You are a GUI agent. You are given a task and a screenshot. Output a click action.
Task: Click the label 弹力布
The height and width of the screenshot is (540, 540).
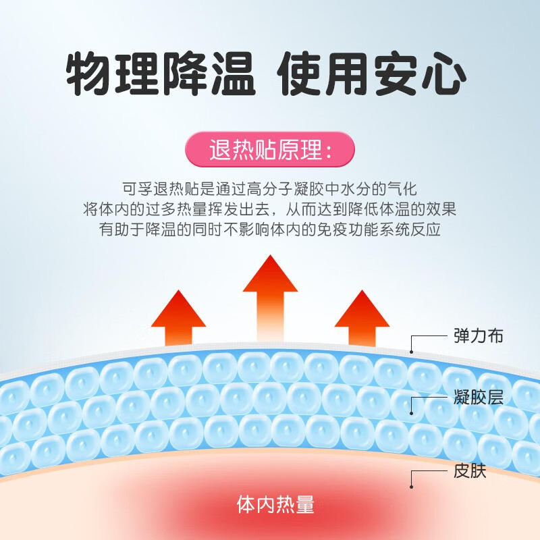[x=479, y=335]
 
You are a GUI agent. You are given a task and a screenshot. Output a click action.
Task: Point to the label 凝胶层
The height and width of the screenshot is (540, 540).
[x=479, y=397]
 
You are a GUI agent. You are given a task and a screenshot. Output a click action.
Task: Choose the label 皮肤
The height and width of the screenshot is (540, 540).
[x=470, y=470]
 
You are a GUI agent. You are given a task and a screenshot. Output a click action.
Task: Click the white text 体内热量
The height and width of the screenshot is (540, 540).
[x=275, y=504]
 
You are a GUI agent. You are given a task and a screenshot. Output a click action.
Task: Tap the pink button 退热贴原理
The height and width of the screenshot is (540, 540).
[x=270, y=149]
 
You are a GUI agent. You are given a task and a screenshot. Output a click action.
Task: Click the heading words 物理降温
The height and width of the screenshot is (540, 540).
[x=161, y=74]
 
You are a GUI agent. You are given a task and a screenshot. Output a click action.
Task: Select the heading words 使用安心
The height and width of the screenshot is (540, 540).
[x=372, y=74]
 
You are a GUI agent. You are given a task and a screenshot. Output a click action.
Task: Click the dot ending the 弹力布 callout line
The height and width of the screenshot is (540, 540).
[x=411, y=352]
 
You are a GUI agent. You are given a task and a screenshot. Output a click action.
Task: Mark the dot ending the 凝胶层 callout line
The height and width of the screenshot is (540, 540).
[x=411, y=413]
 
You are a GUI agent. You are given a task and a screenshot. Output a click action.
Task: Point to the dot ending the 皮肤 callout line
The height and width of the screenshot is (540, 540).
[x=411, y=487]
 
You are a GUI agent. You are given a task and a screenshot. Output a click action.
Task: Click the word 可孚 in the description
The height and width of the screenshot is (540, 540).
[x=138, y=189]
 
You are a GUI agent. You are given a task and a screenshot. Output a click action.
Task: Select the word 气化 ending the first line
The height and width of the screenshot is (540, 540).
[x=402, y=189]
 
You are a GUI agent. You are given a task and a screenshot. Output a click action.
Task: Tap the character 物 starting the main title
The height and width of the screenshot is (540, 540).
[x=88, y=74]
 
